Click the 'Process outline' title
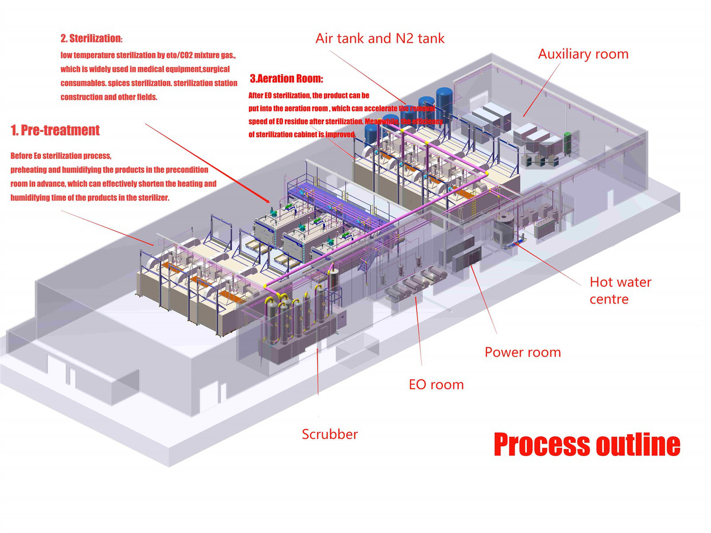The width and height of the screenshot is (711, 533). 587,444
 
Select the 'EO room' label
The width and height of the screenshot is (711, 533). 436,385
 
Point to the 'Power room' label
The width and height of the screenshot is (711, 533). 523,352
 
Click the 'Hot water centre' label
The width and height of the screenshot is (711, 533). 620,290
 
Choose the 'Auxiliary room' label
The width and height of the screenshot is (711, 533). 583,54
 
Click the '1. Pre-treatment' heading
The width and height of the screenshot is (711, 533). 55,130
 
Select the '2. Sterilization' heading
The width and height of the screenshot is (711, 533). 92,39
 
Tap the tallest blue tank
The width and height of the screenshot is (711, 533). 444,103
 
